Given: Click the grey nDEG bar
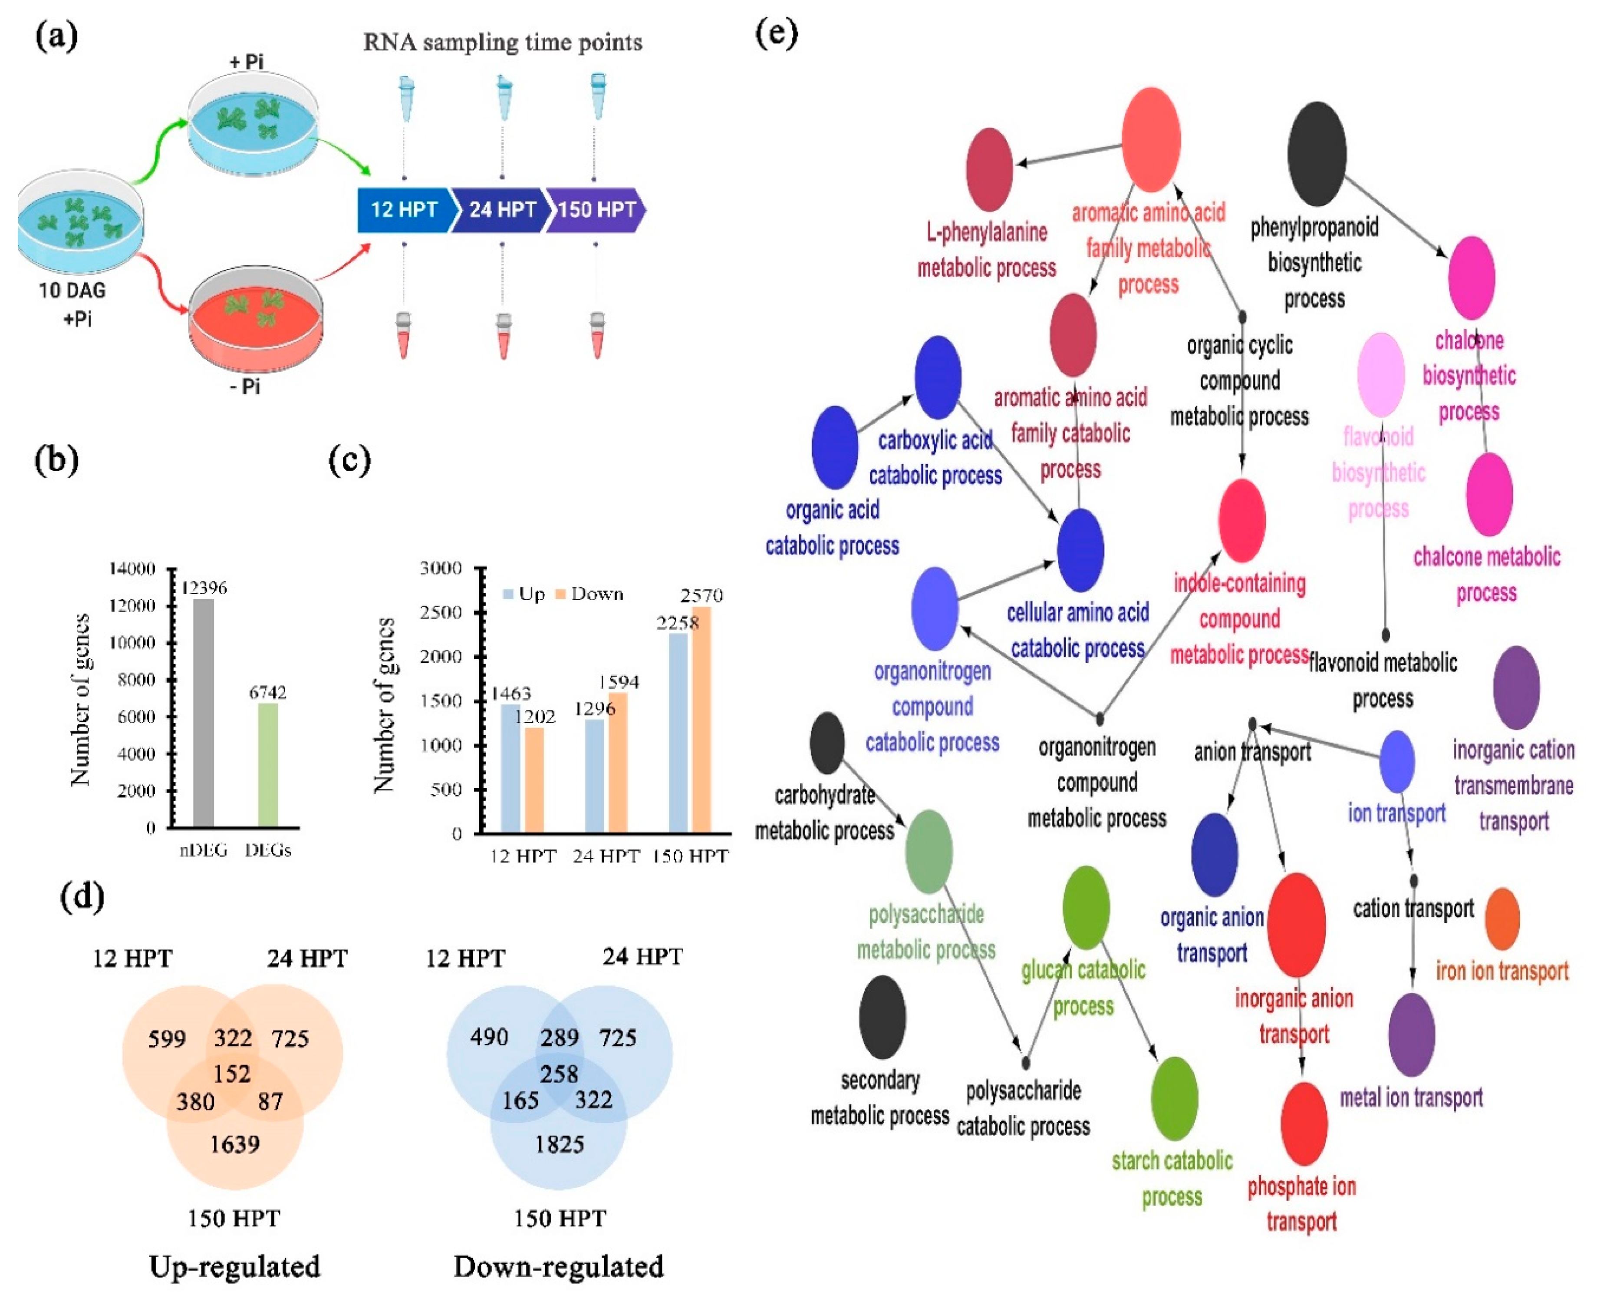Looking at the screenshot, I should [x=203, y=713].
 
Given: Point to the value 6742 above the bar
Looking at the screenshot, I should [x=268, y=691].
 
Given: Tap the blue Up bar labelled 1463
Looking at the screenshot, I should [x=510, y=769].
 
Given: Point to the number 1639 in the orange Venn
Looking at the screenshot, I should [x=235, y=1144].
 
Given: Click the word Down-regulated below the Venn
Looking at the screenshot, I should [x=559, y=1267].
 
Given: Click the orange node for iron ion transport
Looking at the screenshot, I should [x=1502, y=919].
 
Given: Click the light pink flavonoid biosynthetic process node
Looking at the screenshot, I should [x=1380, y=374].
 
